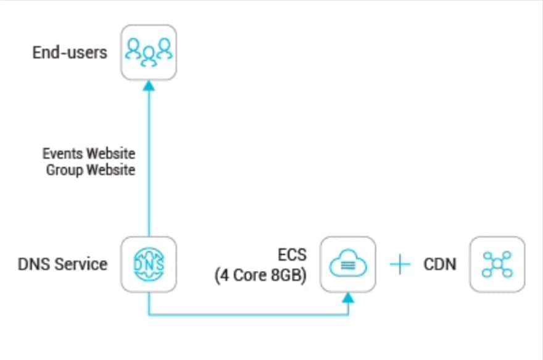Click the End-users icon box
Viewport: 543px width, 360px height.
click(149, 52)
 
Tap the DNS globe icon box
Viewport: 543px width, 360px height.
click(149, 264)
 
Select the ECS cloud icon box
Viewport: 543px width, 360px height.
click(348, 264)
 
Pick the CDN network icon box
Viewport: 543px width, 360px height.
click(497, 264)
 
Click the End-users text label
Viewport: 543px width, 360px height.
click(70, 52)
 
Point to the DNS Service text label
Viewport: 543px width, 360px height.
click(62, 264)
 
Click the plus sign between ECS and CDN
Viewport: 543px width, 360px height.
click(400, 265)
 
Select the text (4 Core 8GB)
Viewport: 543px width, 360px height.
click(260, 275)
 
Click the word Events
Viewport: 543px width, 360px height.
click(63, 153)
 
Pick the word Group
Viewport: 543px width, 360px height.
click(64, 169)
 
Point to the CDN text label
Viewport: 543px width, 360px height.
click(439, 265)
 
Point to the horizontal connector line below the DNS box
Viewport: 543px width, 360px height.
click(247, 315)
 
